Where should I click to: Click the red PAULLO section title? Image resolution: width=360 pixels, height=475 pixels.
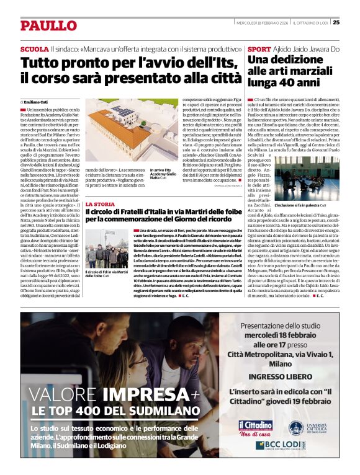pyautogui.click(x=48, y=25)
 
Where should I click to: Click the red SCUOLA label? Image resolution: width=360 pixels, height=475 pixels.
pyautogui.click(x=34, y=48)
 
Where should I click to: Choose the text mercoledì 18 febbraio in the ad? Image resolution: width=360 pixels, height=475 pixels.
pyautogui.click(x=282, y=337)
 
